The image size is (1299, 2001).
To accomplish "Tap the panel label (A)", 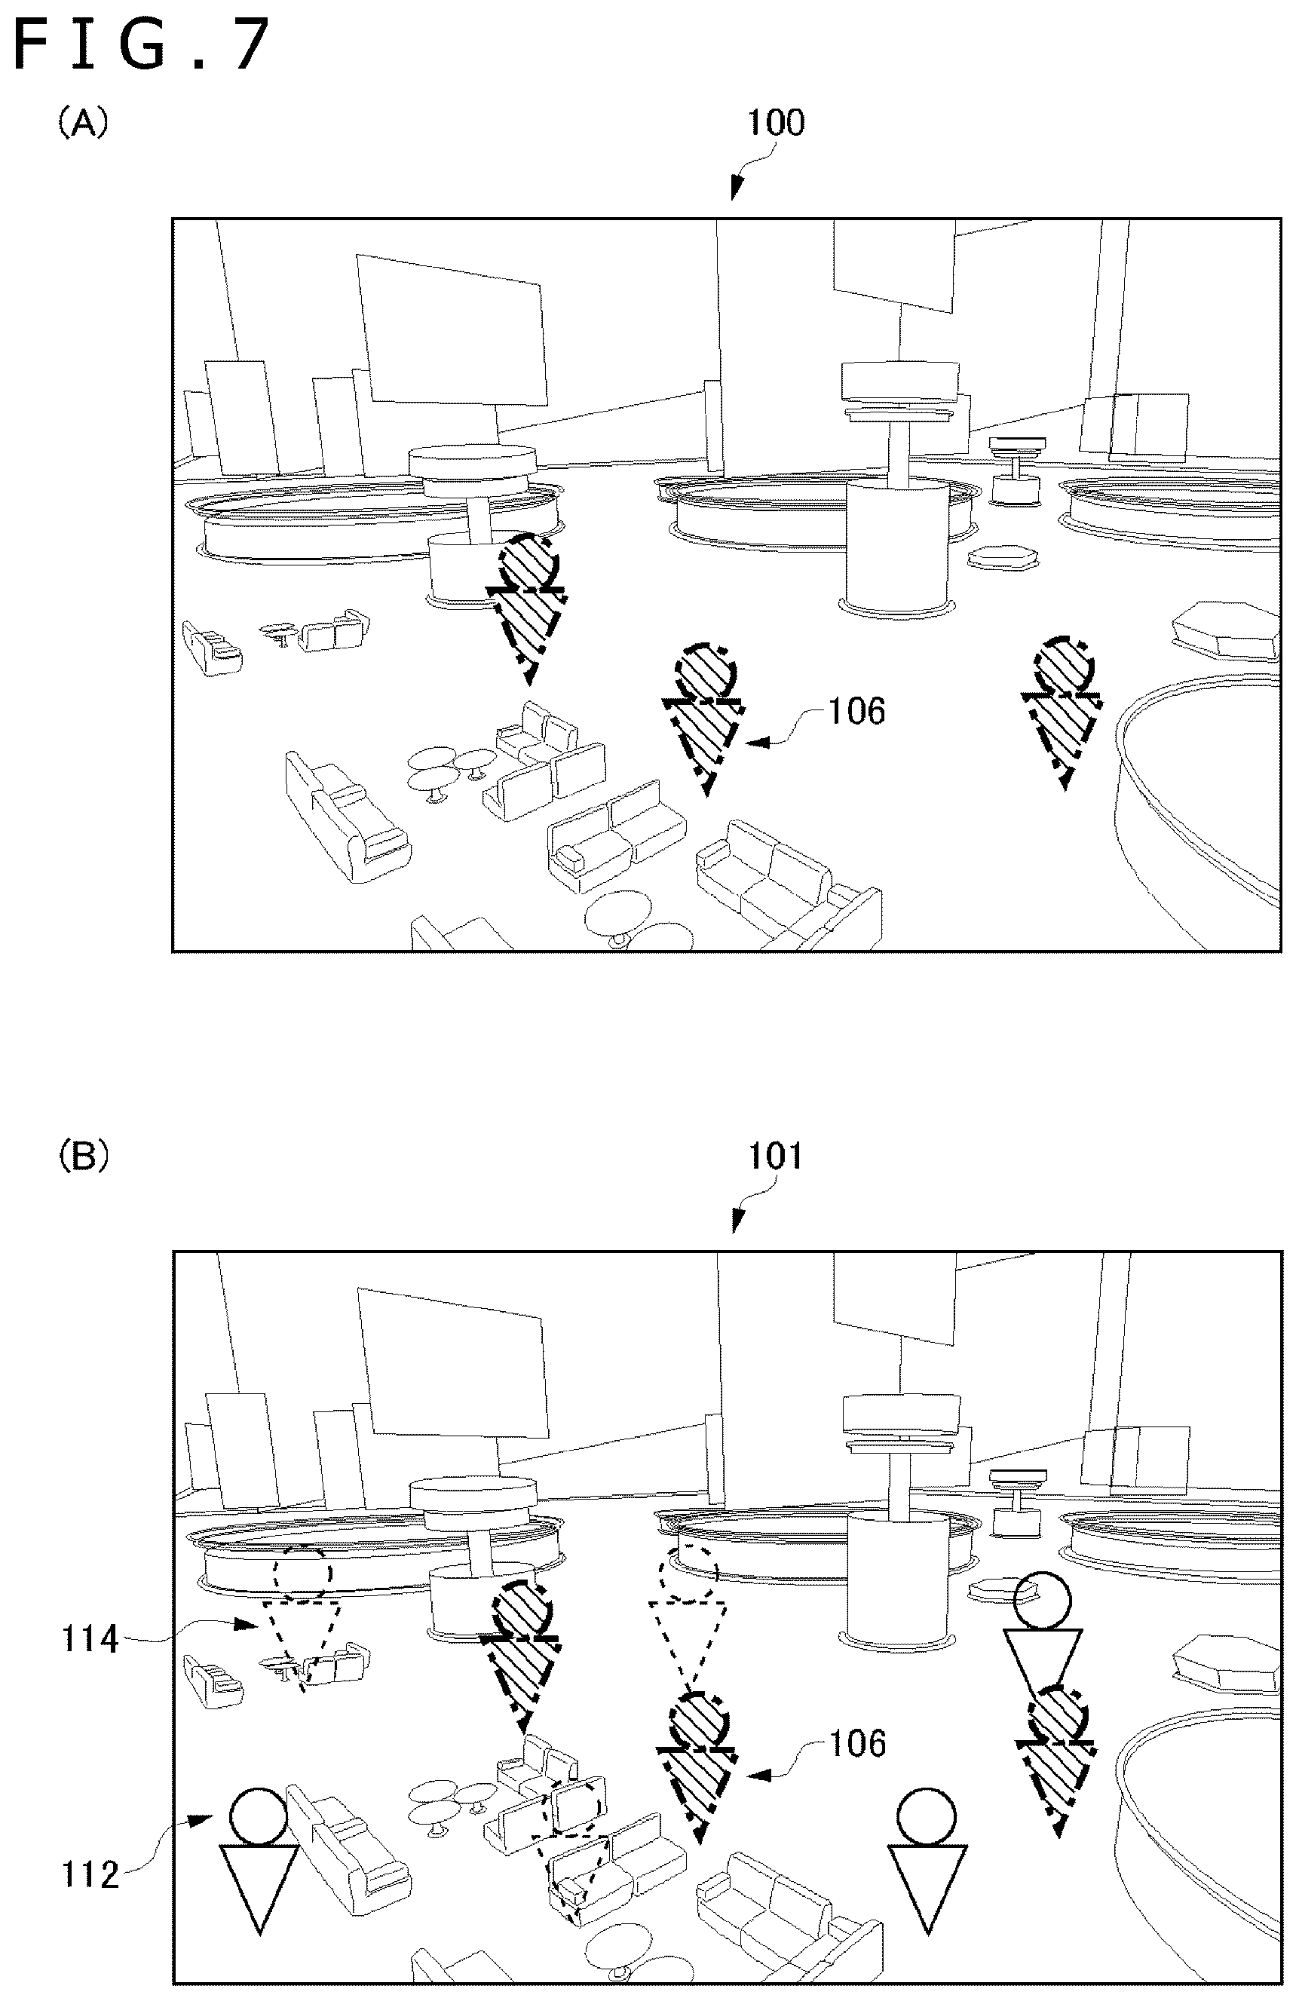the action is [82, 124].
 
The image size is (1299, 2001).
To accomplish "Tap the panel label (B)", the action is [82, 1158].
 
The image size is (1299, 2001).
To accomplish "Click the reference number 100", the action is [776, 123].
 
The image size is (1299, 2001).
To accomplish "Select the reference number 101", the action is [776, 1156].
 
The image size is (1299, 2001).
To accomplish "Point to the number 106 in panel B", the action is [856, 1744].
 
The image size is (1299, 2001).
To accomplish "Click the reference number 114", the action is [90, 1638].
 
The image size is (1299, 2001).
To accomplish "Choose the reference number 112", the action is [90, 1876].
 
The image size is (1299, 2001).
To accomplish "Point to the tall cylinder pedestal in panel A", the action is [899, 547].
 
